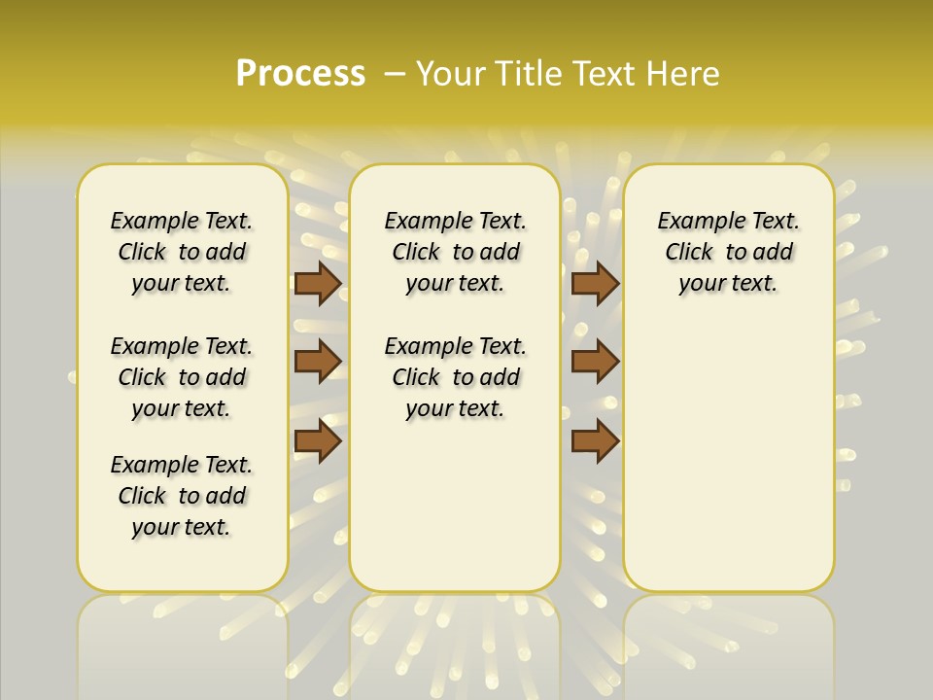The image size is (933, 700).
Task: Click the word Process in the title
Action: tap(300, 73)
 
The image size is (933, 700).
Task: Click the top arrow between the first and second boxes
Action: tap(318, 283)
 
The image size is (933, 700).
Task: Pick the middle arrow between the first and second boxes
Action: tap(318, 362)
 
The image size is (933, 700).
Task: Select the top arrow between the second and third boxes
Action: tap(595, 283)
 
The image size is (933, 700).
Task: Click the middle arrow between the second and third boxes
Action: tap(595, 362)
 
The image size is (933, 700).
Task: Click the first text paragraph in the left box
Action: tap(182, 252)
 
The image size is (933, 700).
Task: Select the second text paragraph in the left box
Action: tap(182, 377)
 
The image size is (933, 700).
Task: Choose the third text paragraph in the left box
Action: tap(182, 496)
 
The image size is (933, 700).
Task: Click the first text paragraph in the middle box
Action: tap(455, 252)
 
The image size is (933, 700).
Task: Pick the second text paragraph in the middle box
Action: tap(455, 377)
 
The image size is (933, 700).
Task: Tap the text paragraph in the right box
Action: tap(728, 252)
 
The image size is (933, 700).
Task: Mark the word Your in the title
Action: tap(448, 73)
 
